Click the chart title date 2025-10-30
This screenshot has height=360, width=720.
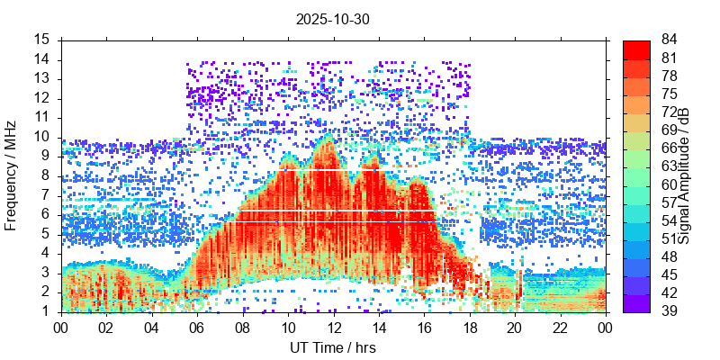tap(333, 18)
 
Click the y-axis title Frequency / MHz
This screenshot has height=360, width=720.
tap(11, 175)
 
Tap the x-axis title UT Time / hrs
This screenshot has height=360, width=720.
tap(333, 347)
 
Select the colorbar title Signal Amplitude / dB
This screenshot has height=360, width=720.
tap(684, 175)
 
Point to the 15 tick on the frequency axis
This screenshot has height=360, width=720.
tap(42, 40)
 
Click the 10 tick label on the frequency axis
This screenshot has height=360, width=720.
tap(42, 137)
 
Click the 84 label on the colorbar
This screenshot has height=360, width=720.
tap(670, 40)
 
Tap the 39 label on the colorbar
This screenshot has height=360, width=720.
tap(670, 310)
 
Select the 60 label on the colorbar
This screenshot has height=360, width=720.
tap(670, 184)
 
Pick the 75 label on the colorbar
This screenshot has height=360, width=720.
tap(670, 94)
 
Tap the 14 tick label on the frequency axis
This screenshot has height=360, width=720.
tap(42, 59)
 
